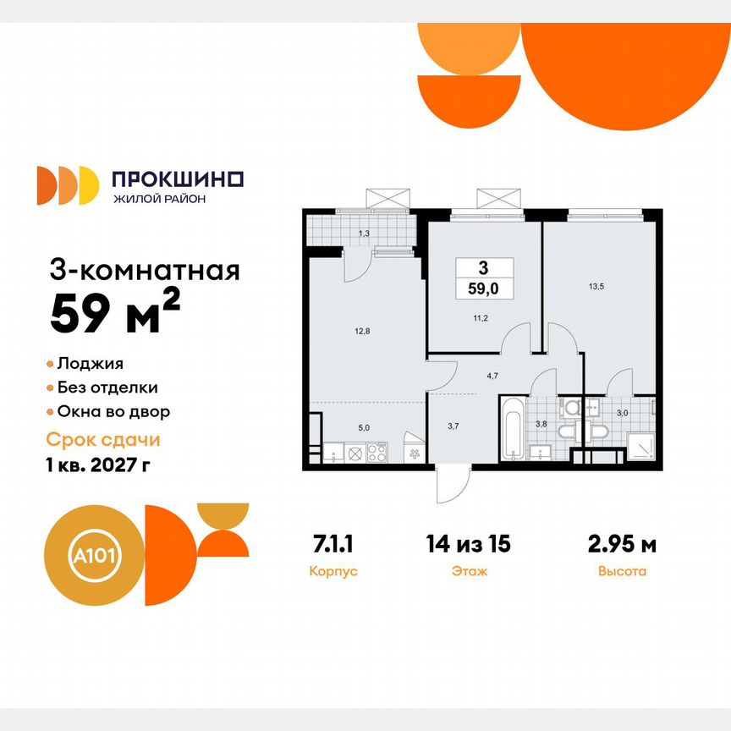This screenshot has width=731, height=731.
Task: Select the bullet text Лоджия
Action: point(91,364)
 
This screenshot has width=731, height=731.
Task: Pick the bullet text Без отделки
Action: point(107,387)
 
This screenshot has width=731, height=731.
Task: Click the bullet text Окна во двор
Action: point(114,412)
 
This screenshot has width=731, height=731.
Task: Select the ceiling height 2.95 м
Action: point(621,544)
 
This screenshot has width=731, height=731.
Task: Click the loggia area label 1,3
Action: point(364,232)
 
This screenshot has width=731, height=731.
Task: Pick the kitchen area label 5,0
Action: point(364,428)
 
